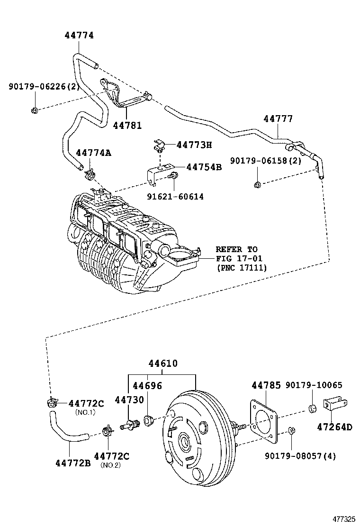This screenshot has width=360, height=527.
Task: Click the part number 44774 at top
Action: tap(79, 36)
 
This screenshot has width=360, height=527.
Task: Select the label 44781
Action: tap(127, 125)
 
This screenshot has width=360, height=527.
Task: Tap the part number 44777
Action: tap(278, 119)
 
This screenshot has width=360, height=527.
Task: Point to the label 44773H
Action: tap(194, 145)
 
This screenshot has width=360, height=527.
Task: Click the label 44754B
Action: tap(204, 167)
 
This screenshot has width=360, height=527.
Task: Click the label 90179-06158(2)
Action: tap(266, 161)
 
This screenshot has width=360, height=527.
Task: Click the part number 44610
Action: tap(163, 363)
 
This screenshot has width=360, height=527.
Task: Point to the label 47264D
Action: tap(334, 427)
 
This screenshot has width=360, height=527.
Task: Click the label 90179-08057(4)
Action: tap(300, 456)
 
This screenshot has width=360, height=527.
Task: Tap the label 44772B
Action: tap(72, 462)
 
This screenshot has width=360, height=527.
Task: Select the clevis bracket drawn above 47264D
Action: tap(334, 404)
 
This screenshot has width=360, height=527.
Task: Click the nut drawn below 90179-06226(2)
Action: tap(35, 110)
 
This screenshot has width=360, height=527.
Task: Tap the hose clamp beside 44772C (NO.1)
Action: tap(52, 404)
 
